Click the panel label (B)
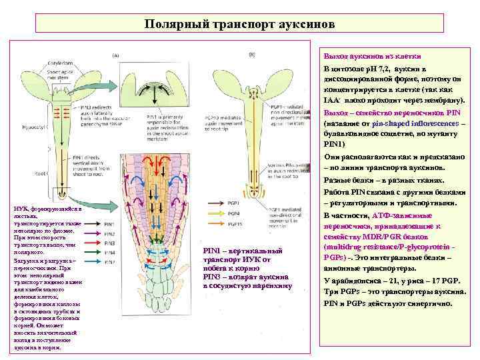252,54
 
